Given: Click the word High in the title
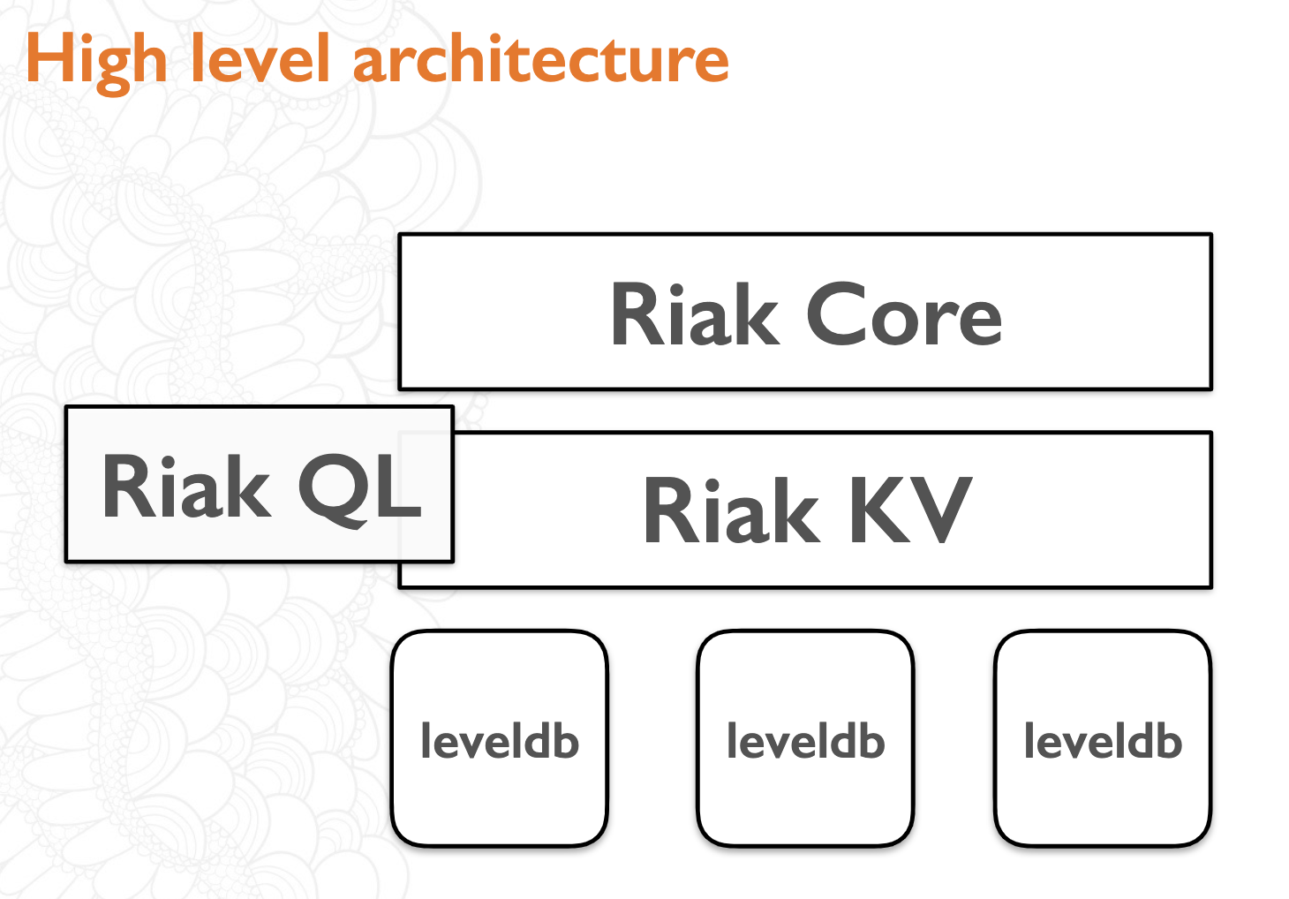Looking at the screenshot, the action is tap(97, 62).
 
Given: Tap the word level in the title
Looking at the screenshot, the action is tap(260, 57).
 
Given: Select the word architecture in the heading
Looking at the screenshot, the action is tap(541, 58).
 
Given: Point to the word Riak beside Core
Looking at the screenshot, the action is tap(695, 314).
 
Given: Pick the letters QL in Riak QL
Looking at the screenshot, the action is tap(360, 489).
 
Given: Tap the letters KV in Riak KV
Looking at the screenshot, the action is tap(911, 510).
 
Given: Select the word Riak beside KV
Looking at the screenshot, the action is tap(730, 510).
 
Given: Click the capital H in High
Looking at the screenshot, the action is tap(49, 58).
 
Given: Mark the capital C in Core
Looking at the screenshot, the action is tap(835, 314).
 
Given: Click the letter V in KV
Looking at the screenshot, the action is tap(941, 510).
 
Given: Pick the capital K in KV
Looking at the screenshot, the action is tap(879, 510).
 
